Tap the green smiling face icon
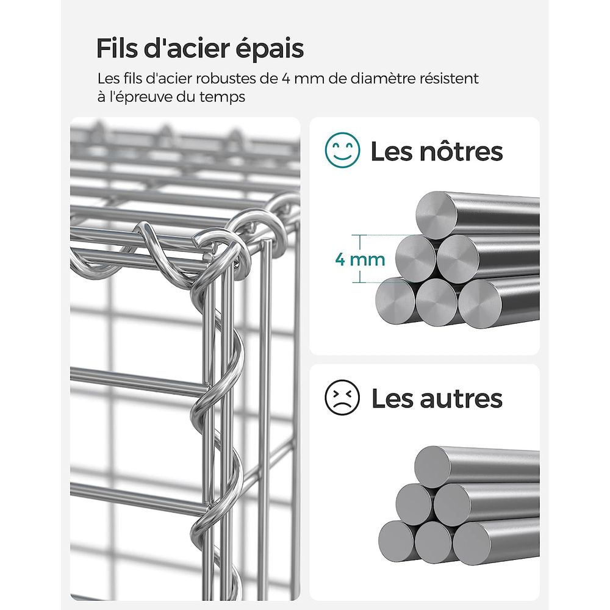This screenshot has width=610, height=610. click(342, 150)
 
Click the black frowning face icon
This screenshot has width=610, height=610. click(342, 397)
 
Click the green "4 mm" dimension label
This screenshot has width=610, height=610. click(361, 259)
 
